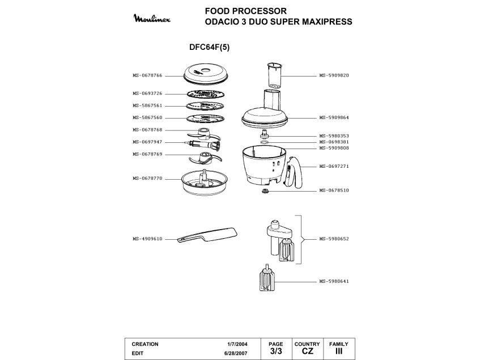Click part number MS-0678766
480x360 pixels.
click(147, 75)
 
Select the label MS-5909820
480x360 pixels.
click(334, 75)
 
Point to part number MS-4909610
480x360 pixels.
click(147, 239)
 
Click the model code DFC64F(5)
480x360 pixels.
click(209, 48)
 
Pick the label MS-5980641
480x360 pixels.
click(334, 282)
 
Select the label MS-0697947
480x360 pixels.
click(147, 142)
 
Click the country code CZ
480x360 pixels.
click(307, 351)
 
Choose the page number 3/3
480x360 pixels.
click(275, 351)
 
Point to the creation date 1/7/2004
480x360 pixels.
click(237, 344)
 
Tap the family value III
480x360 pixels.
click(339, 351)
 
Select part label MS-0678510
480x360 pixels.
click(334, 190)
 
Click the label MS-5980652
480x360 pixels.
click(334, 239)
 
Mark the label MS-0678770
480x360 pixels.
click(147, 178)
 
